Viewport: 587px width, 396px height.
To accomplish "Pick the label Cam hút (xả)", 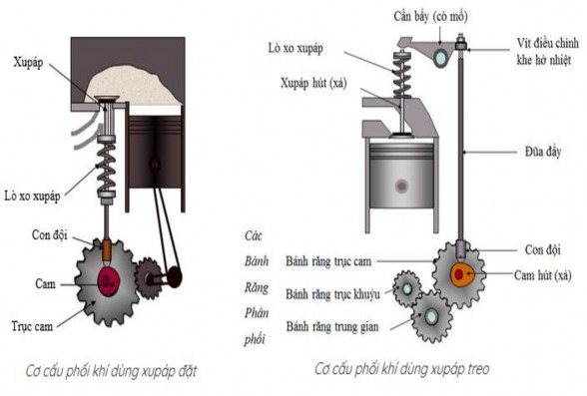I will (543, 275).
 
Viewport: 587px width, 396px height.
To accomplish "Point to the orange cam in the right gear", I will (465, 274).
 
